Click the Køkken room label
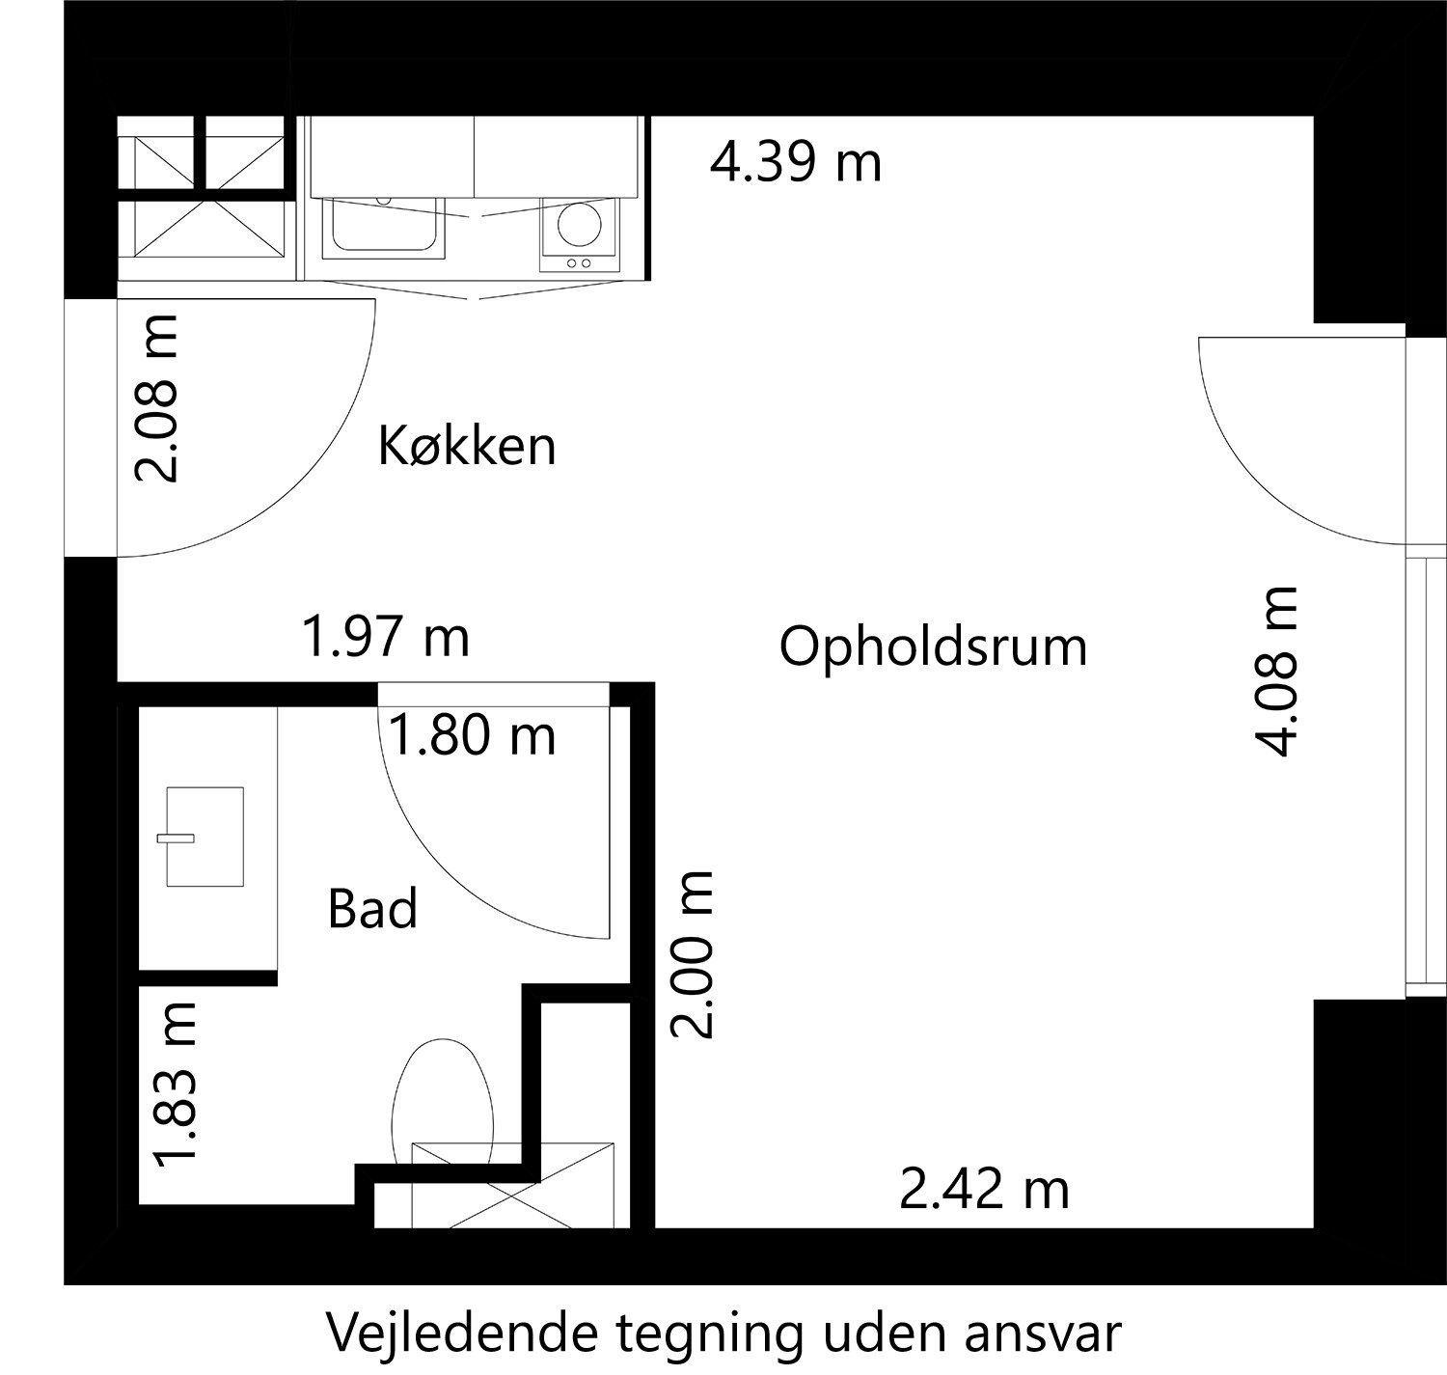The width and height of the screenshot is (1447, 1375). (x=467, y=446)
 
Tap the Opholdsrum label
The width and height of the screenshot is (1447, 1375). (x=933, y=647)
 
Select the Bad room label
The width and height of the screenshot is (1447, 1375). (x=372, y=908)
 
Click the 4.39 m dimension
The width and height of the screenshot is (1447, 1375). (x=796, y=163)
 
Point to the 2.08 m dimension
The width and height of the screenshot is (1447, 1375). (x=156, y=399)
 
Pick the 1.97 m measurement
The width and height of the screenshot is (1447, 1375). (x=386, y=638)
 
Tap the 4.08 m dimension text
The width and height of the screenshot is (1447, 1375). (x=1274, y=672)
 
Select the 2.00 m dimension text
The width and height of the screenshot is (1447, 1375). (x=692, y=953)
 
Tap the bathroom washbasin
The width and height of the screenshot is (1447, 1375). (x=205, y=837)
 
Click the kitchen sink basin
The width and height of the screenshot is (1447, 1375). (x=384, y=227)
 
